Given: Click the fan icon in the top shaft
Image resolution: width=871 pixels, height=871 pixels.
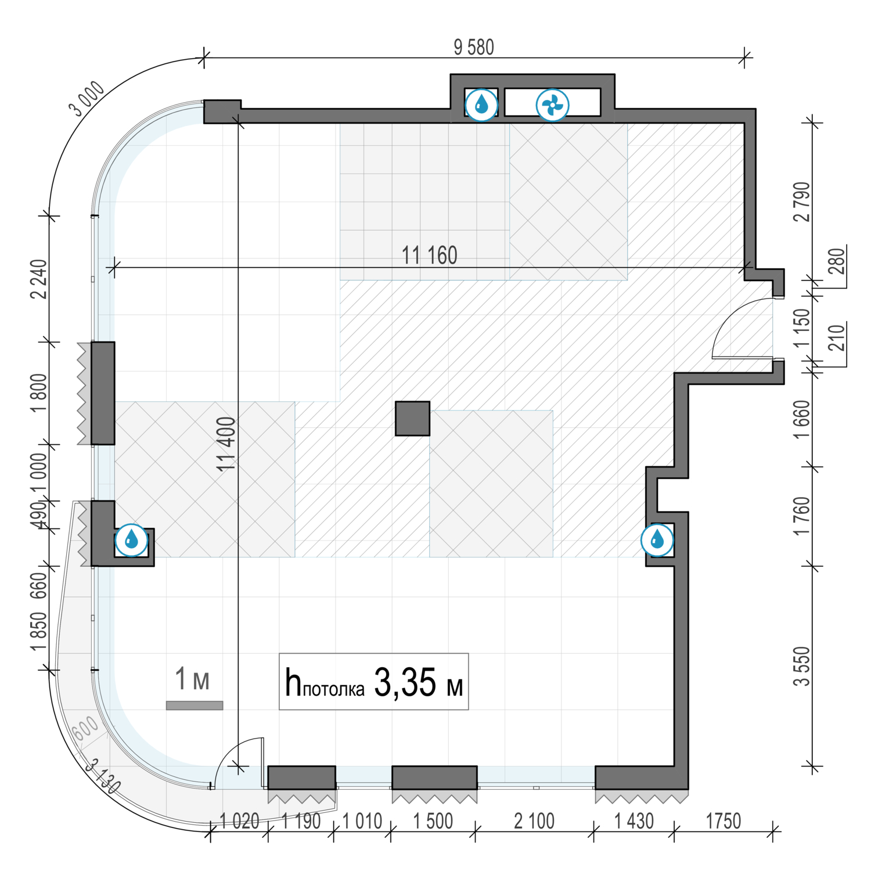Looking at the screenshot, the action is [x=552, y=105].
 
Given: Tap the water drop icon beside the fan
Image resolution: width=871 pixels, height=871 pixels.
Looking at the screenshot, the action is [x=481, y=105].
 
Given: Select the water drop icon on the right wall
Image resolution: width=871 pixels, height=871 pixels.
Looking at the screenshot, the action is [x=657, y=540].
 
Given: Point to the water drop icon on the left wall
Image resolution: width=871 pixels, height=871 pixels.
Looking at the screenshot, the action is [x=132, y=539].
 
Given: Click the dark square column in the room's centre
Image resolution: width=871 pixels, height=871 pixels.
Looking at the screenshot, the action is [x=413, y=419].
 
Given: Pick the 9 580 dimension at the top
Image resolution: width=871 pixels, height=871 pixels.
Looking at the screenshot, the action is [x=474, y=47].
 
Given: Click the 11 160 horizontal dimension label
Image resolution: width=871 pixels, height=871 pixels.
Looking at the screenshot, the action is [x=430, y=255].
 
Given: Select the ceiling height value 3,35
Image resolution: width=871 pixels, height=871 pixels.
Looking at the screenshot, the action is [x=405, y=682].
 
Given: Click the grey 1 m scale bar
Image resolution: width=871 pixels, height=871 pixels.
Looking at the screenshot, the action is [x=195, y=706].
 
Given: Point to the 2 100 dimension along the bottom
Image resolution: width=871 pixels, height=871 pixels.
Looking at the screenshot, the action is [x=534, y=821].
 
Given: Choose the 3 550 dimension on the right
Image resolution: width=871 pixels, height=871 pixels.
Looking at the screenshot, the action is [x=801, y=666].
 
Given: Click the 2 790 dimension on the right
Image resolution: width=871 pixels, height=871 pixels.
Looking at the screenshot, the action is [x=801, y=201].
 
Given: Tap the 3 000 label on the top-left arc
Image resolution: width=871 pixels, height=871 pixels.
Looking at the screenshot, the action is [x=87, y=99].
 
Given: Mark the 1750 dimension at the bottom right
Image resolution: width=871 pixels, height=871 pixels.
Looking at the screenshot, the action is [x=724, y=821].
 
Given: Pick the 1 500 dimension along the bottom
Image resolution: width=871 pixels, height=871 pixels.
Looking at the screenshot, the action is [x=433, y=821].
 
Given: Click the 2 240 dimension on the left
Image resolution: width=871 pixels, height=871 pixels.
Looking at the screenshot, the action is [x=39, y=279].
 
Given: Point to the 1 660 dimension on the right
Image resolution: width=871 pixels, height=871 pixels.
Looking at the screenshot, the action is [x=801, y=419].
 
